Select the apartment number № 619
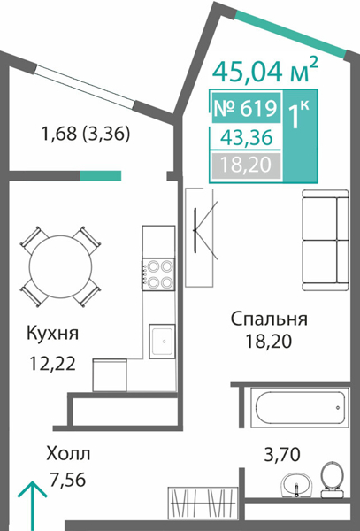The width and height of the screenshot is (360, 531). coord(247,109)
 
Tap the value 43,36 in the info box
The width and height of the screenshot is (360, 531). coord(247,137)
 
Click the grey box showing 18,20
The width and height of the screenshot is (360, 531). coord(247,165)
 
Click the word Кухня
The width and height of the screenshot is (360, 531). coord(53,334)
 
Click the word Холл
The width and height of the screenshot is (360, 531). coord(67,454)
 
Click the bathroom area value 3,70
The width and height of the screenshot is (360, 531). coord(283,455)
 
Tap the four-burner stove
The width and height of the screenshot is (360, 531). coord(158,273)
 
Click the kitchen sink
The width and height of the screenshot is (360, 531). coord(160,340)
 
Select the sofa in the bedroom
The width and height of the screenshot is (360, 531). coord(321,240)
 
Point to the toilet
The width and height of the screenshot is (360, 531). coord(332,478)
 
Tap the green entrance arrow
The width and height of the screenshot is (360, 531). coord(33,504)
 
